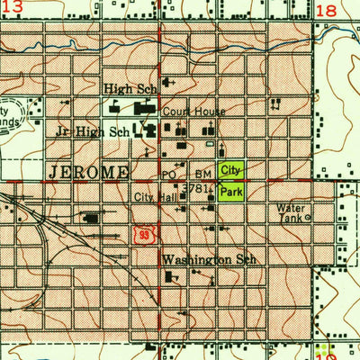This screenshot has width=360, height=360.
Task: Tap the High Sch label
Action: [130, 89]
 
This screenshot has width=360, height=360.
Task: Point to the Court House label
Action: [187, 112]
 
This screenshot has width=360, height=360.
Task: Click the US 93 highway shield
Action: [144, 234]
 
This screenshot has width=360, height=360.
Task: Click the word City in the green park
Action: [231, 169]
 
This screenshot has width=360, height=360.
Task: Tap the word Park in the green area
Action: [231, 193]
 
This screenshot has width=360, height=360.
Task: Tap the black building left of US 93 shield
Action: [91, 217]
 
